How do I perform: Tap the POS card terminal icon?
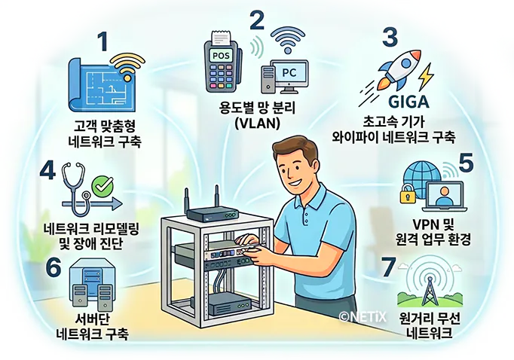tap(222, 63)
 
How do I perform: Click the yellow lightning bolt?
tap(425, 75)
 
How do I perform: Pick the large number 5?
tap(467, 163)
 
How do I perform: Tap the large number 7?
tap(388, 266)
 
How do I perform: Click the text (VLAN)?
tap(256, 123)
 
